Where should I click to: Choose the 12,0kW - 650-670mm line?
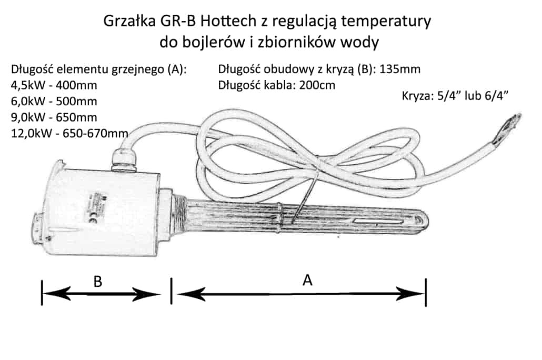69,133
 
